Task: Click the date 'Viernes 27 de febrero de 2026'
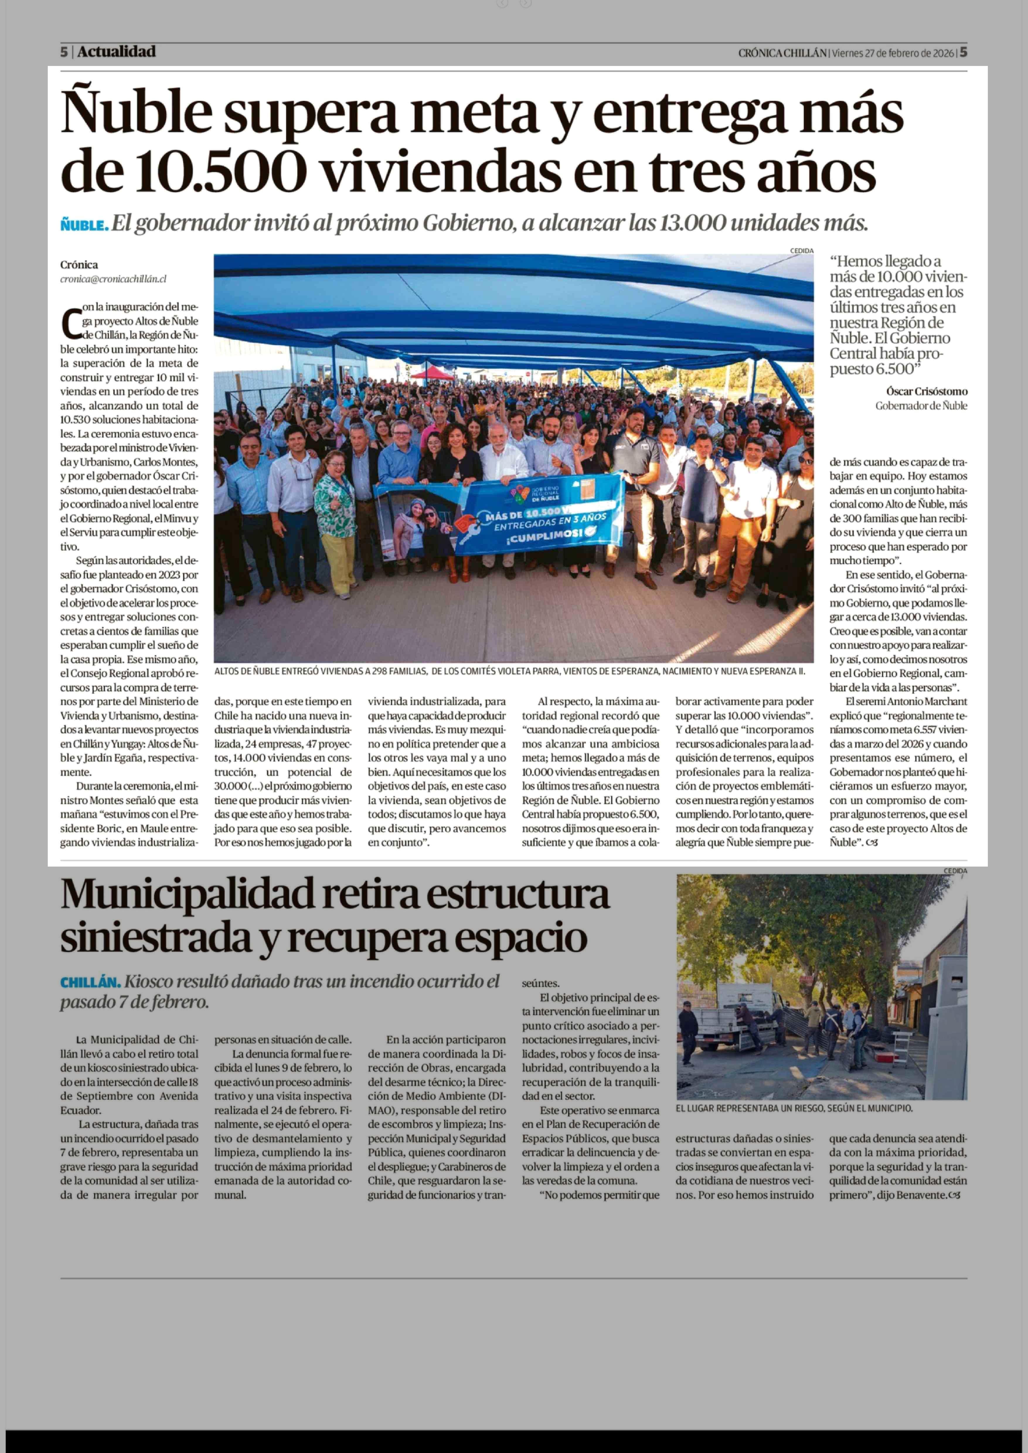pos(893,53)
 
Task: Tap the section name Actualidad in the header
pos(116,52)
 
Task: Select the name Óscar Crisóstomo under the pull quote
pos(926,391)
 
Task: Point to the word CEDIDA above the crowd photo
pos(801,251)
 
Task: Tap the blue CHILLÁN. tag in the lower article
pos(90,982)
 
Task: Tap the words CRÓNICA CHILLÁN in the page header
pos(782,53)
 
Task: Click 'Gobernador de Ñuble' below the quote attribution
pos(921,406)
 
